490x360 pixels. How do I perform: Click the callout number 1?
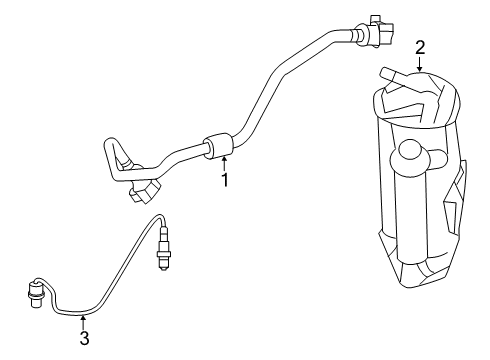pos(225,180)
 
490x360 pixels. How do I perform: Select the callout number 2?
pos(420,48)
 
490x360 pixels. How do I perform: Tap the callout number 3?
pos(84,338)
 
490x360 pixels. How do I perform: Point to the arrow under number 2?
pos(420,64)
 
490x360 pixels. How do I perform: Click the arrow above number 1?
pos(225,164)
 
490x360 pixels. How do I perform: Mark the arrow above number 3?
pos(83,323)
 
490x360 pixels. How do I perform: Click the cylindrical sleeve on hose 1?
pos(218,146)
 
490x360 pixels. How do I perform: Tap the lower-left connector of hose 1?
pos(144,190)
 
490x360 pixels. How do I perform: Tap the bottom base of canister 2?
pos(420,270)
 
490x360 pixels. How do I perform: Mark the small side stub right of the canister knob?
pos(437,157)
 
